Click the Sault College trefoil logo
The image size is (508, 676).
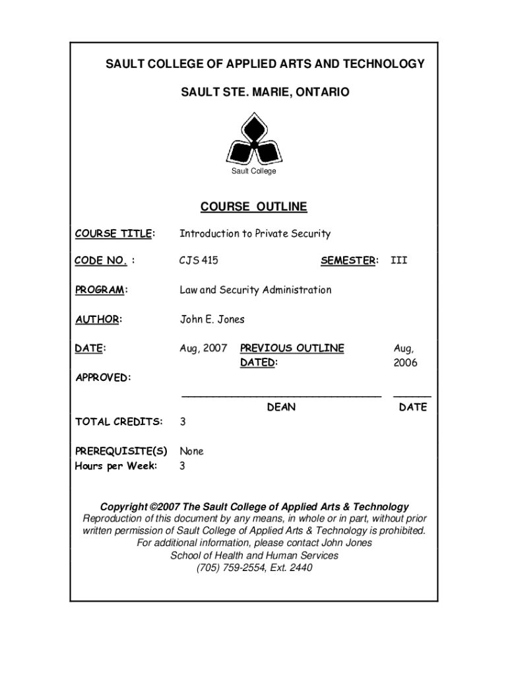253,139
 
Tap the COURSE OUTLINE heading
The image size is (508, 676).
253,207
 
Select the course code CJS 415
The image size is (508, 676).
199,261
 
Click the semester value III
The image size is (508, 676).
399,261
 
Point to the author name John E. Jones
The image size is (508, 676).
212,320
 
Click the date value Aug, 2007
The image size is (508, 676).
204,348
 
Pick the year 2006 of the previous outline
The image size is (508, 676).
405,363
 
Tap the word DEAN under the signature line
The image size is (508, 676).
281,408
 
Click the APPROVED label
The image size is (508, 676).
102,378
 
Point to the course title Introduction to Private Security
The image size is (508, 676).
255,234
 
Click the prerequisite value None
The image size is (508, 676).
192,452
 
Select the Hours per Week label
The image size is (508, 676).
115,466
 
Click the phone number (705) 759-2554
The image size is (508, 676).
227,568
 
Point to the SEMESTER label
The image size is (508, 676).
349,261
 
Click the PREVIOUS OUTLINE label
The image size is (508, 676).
292,348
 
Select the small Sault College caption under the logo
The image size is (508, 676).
253,172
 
